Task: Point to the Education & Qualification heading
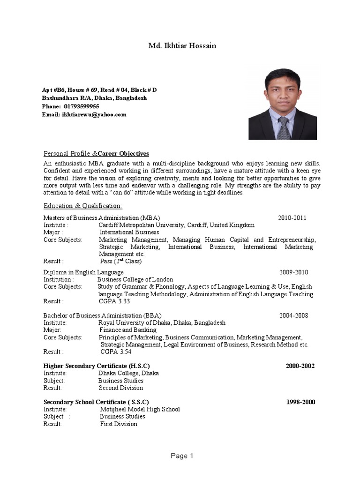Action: [x=83, y=206]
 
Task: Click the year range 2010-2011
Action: [x=292, y=218]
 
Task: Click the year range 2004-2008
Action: [x=294, y=315]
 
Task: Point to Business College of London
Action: [x=135, y=279]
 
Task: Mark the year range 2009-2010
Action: [x=294, y=272]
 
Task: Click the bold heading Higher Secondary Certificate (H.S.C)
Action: [x=97, y=366]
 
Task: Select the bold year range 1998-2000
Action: [x=300, y=402]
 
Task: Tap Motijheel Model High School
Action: [x=140, y=409]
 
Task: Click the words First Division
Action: [x=119, y=424]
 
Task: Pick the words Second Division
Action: [x=121, y=388]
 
